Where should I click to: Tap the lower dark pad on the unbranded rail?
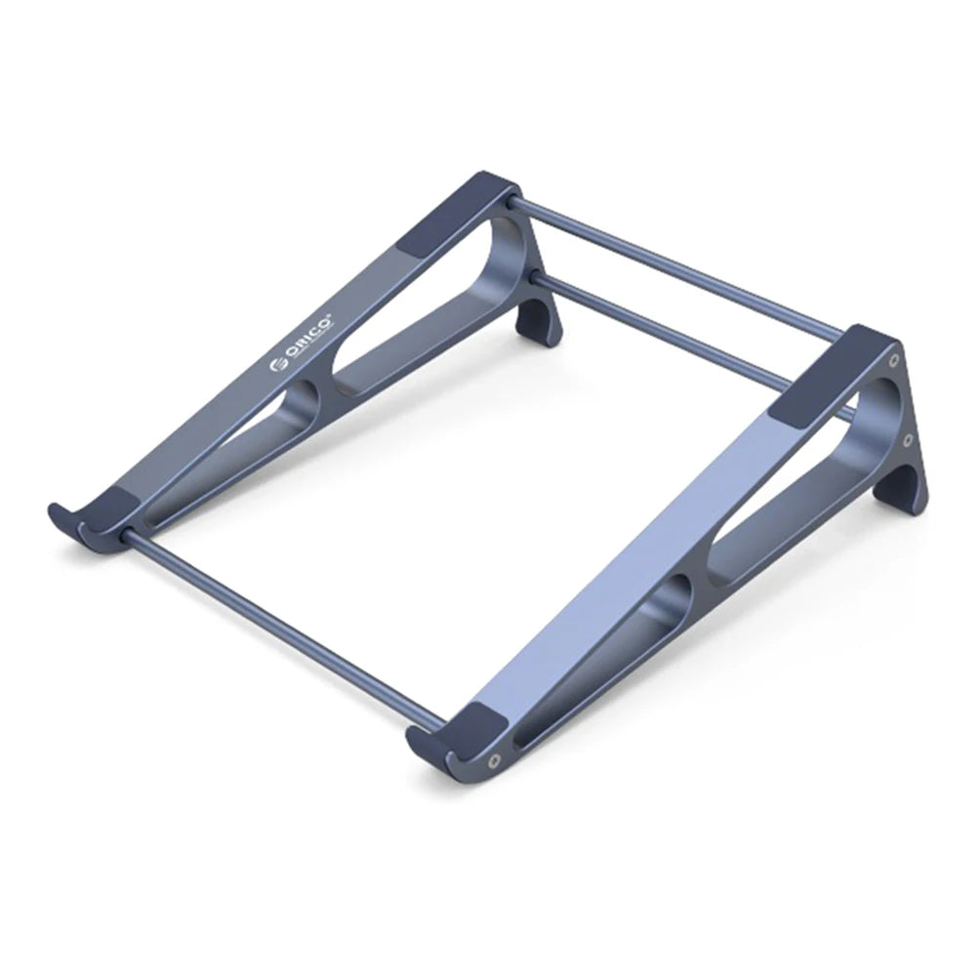tap(474, 725)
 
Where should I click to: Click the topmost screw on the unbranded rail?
tap(893, 360)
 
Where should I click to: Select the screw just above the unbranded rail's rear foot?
tap(908, 440)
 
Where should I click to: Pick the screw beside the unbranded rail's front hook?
tap(495, 757)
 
